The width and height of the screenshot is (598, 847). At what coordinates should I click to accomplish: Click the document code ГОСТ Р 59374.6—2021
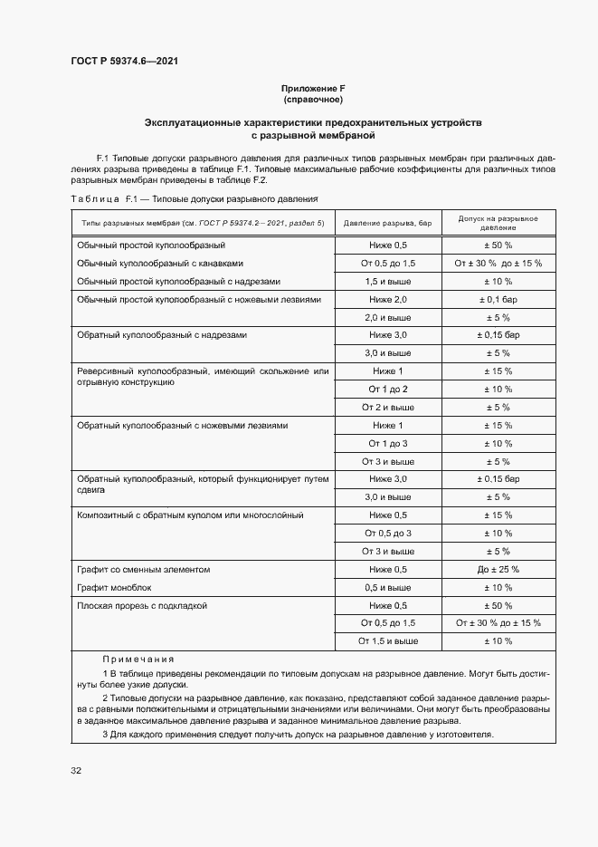point(123,63)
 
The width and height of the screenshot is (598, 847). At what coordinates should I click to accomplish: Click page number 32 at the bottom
point(76,771)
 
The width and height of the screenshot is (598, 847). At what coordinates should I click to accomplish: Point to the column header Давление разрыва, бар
point(389,222)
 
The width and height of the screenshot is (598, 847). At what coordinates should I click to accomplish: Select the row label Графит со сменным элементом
point(143,569)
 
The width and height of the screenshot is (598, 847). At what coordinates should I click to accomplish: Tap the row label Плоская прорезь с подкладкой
point(143,605)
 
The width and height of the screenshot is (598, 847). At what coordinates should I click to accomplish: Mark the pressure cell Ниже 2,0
point(388,299)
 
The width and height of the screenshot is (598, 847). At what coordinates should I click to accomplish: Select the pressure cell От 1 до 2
point(388,389)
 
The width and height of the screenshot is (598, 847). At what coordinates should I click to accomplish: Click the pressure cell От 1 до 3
point(388,443)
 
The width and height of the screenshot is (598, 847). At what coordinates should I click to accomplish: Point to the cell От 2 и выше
point(388,407)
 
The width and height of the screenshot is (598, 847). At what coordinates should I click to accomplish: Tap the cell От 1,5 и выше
point(388,640)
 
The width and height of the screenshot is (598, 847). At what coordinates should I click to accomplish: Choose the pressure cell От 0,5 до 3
point(388,533)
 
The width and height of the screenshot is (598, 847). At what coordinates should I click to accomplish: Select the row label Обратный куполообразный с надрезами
point(162,335)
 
